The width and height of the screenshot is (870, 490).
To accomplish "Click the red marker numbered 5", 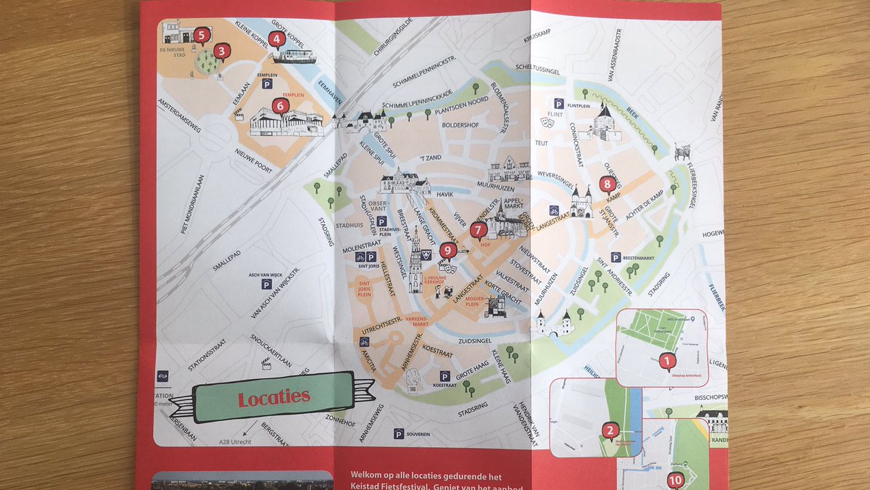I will (202, 33).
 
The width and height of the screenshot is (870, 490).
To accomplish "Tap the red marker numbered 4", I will (275, 39).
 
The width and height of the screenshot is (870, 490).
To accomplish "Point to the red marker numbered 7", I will (477, 231).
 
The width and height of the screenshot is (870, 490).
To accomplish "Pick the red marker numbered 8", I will (608, 184).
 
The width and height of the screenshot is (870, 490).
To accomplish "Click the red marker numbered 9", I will (447, 251).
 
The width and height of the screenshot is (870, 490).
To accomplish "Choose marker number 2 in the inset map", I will (610, 430).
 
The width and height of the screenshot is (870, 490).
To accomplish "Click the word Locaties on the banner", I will (274, 397).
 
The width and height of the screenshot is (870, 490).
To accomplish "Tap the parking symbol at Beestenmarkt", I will (616, 257).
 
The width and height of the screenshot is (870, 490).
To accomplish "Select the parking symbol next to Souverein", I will (399, 433).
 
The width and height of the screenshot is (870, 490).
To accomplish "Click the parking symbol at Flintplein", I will (559, 104).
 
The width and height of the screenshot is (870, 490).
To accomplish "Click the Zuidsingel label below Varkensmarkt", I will (476, 339).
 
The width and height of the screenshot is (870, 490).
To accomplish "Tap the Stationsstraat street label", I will (211, 353).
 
